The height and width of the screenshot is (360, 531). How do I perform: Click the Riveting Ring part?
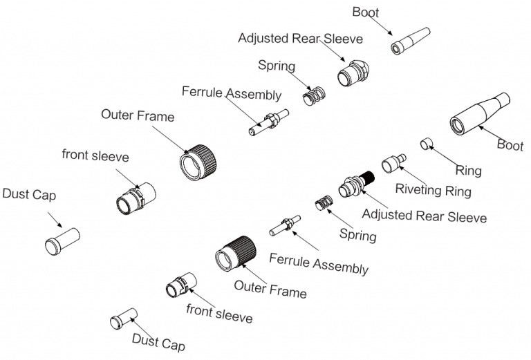click(393, 163)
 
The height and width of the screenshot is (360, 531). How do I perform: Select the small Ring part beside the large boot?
click(427, 144)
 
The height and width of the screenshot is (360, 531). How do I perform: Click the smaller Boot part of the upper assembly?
click(411, 41)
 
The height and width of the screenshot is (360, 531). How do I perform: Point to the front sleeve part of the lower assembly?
click(180, 285)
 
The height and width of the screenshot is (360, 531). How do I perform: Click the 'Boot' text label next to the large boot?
click(510, 145)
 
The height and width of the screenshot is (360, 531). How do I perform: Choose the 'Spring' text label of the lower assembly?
click(357, 234)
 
